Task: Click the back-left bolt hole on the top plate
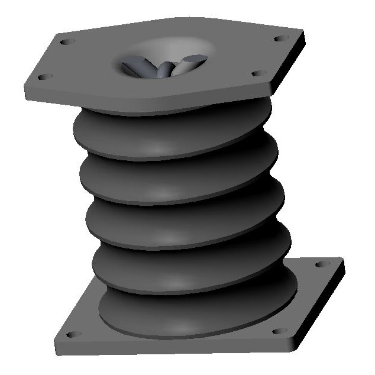click(x=67, y=42)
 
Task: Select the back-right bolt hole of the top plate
click(x=279, y=39)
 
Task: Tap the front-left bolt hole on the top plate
click(x=43, y=76)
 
